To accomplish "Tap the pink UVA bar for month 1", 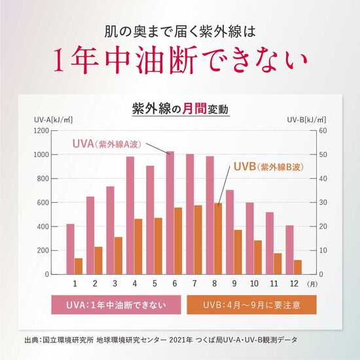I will coord(70,249).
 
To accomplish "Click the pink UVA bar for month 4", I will coord(130,215).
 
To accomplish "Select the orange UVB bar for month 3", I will coord(118,255).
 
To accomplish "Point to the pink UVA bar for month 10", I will coord(249,238).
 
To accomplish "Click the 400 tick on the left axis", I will coord(43,226).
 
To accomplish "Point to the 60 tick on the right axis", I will coord(322,130).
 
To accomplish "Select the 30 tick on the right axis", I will coord(322,202).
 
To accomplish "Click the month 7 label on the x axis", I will coord(194,283).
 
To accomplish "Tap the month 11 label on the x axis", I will coord(274,283).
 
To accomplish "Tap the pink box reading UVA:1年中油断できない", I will coord(115,304).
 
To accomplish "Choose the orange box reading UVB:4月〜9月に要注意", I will coord(251,304).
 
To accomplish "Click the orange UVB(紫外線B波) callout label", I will coord(268,167).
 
